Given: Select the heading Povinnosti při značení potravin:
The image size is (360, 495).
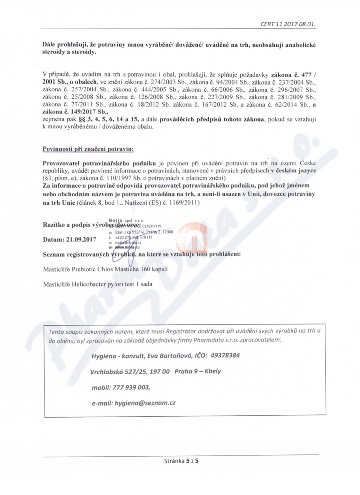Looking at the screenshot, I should pos(88,148).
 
